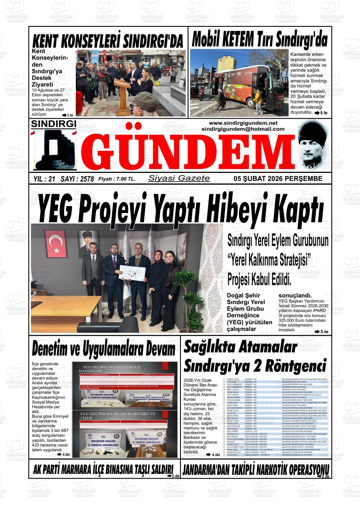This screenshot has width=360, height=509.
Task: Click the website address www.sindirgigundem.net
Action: coord(243,123)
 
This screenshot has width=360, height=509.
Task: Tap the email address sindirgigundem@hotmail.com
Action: coord(243,129)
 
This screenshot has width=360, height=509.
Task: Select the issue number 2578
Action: coord(87,179)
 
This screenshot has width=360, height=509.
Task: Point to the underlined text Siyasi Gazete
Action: coord(179,178)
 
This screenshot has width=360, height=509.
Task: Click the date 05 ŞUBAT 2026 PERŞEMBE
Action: coord(278,179)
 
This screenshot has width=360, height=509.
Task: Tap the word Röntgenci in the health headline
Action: coord(295,366)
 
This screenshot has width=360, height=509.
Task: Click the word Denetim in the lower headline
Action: coord(54,350)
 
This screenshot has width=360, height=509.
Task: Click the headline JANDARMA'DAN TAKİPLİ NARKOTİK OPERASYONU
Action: coord(256,469)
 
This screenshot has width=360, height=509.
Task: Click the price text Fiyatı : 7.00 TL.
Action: coord(117,179)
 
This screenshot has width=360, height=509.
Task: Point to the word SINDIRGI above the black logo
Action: coord(53,124)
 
